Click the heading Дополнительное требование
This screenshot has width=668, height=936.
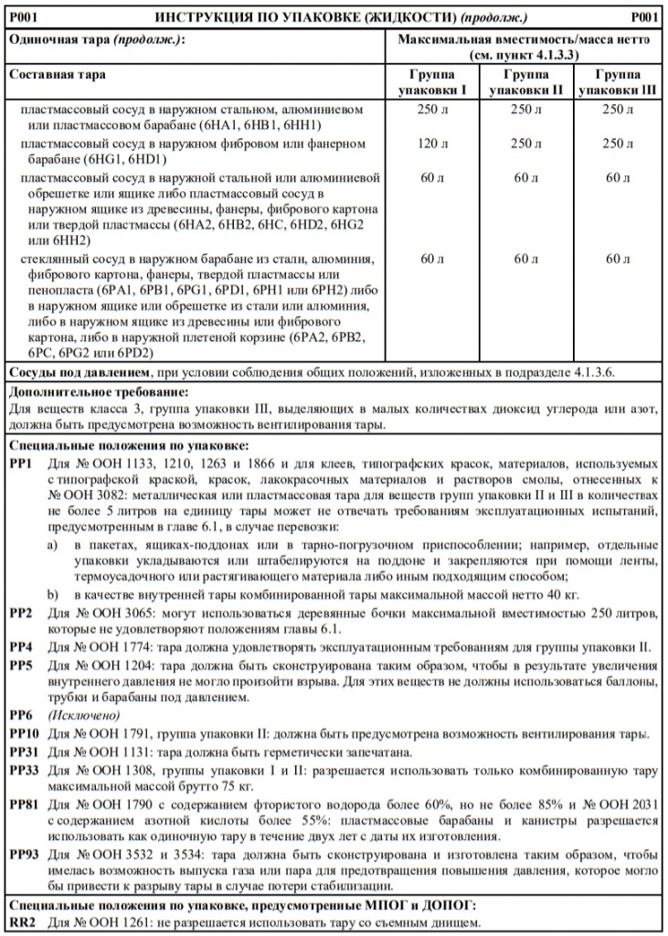pos(98,391)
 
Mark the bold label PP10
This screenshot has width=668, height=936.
pos(25,734)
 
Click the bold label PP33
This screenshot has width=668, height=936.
pos(25,771)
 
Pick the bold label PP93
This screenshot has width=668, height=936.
pos(25,854)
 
